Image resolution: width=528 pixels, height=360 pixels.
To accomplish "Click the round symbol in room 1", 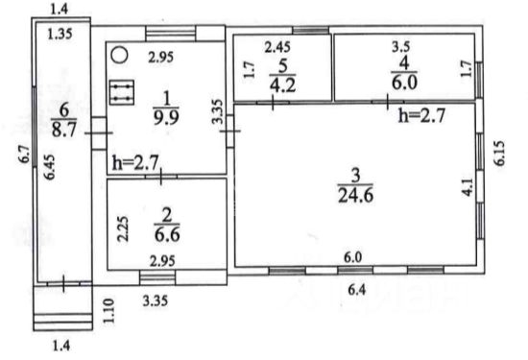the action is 120,55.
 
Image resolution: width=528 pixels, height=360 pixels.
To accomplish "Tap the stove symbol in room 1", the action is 122,92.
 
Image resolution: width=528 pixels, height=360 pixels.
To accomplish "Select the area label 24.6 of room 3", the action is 355,195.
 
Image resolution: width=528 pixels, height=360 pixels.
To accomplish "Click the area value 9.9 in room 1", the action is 166,117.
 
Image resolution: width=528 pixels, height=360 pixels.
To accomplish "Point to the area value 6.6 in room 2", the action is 167,233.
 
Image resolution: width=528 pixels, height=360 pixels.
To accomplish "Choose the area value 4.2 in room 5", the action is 282,84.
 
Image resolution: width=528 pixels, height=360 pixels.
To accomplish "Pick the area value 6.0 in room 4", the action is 404,82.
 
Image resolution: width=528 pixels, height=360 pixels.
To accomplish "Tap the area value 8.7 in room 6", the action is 64,129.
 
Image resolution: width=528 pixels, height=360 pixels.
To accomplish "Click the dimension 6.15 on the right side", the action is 499,153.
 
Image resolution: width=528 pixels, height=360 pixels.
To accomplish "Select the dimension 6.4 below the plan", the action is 356,289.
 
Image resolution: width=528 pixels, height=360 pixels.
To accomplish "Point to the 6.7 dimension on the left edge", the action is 25,156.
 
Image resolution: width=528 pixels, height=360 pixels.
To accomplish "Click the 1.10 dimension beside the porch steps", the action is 108,311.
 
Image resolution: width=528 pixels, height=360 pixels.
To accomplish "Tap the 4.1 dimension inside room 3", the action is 468,187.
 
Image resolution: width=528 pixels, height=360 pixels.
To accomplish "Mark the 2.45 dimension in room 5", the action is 277,47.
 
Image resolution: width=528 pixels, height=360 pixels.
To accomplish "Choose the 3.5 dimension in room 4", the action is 400,46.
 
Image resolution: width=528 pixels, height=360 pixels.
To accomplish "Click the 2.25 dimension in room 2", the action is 123,228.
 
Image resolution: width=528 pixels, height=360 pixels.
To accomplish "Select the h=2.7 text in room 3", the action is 422,115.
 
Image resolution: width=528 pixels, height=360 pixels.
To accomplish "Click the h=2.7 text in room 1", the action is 135,163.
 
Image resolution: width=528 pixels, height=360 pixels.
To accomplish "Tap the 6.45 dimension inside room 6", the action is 49,167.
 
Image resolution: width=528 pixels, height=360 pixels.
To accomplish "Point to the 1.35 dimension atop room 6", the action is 60,34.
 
